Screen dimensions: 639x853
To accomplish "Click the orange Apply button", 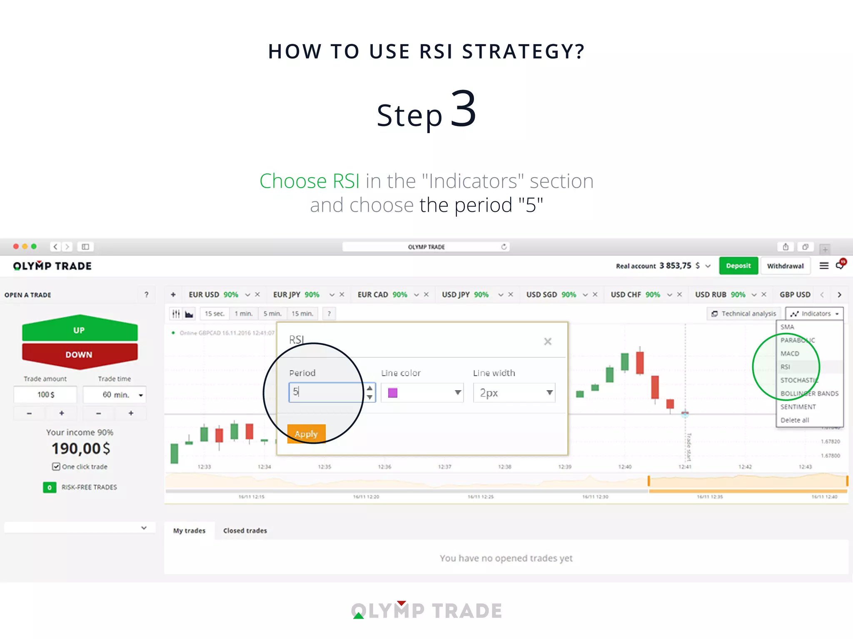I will [x=306, y=433].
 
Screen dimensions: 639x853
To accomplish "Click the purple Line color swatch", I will [x=392, y=393].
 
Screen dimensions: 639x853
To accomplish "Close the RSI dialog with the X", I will [x=548, y=342].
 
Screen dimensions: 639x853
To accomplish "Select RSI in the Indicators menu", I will [x=786, y=367].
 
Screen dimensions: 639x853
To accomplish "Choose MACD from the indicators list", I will [x=790, y=354].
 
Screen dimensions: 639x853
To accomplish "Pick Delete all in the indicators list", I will [x=795, y=420].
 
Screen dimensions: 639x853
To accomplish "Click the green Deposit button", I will [x=738, y=266].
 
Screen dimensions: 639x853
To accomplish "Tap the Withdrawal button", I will [x=785, y=266].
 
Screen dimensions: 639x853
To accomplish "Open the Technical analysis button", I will [x=744, y=314].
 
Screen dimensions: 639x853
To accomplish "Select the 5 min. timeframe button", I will [x=272, y=314].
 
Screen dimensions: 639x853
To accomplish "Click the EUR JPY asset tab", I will [x=287, y=295].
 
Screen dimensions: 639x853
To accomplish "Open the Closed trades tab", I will [x=245, y=530].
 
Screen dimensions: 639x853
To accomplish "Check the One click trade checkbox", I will [x=56, y=467].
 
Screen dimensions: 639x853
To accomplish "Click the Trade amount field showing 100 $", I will [x=46, y=394].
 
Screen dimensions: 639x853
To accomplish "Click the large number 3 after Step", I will [x=463, y=109].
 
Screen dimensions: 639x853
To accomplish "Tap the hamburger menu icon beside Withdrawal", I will [x=824, y=266].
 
